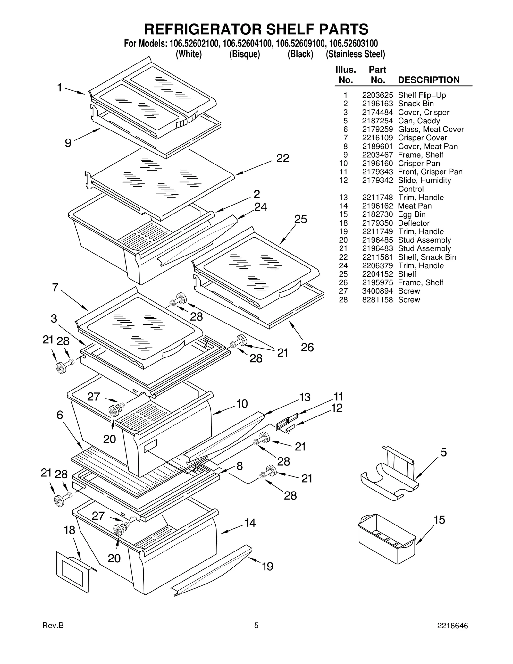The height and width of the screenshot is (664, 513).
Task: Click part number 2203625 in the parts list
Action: (x=377, y=95)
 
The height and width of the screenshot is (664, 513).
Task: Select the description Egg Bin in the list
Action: (x=412, y=214)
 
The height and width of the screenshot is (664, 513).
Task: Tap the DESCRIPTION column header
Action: (x=428, y=80)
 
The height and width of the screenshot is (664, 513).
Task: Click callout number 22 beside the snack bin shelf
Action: (x=282, y=158)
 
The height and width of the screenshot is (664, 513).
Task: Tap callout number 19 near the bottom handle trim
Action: (x=267, y=567)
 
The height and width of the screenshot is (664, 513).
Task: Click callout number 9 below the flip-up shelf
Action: (x=68, y=143)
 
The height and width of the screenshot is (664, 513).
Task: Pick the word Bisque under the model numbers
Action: (x=244, y=54)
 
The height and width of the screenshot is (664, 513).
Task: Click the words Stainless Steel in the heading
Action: (x=355, y=54)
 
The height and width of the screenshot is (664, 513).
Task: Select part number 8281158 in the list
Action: (x=377, y=300)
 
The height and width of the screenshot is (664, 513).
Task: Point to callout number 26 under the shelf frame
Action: (x=307, y=347)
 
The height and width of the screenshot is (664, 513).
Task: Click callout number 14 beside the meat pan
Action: (x=250, y=523)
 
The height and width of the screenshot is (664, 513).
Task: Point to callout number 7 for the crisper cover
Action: (x=55, y=288)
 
